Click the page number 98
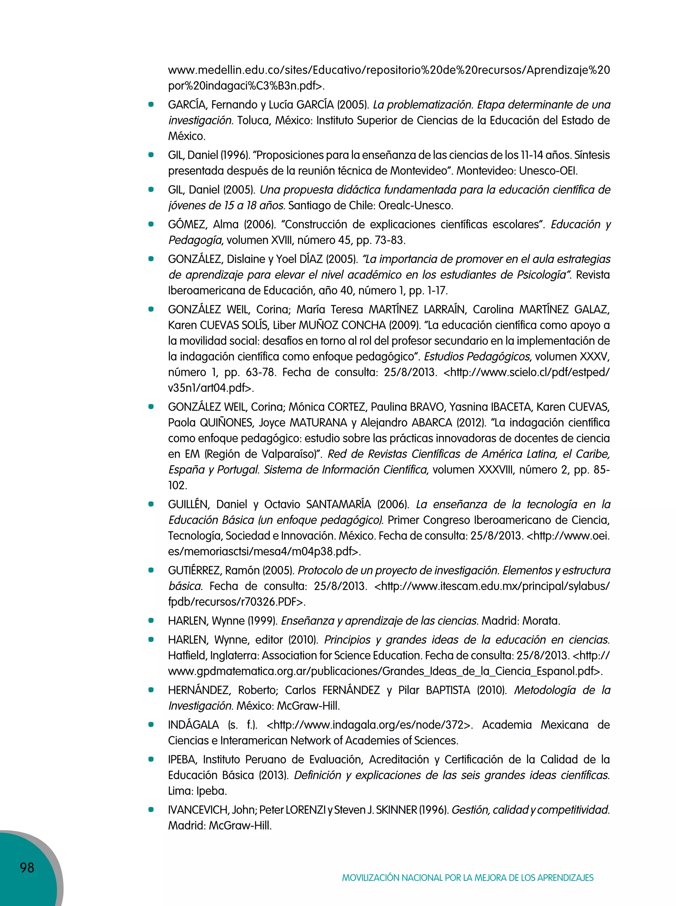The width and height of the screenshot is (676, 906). point(27,867)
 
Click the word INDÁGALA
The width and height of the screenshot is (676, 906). point(193,725)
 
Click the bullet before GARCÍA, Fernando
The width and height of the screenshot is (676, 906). point(151,105)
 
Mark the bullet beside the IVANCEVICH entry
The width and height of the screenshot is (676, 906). point(151,809)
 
